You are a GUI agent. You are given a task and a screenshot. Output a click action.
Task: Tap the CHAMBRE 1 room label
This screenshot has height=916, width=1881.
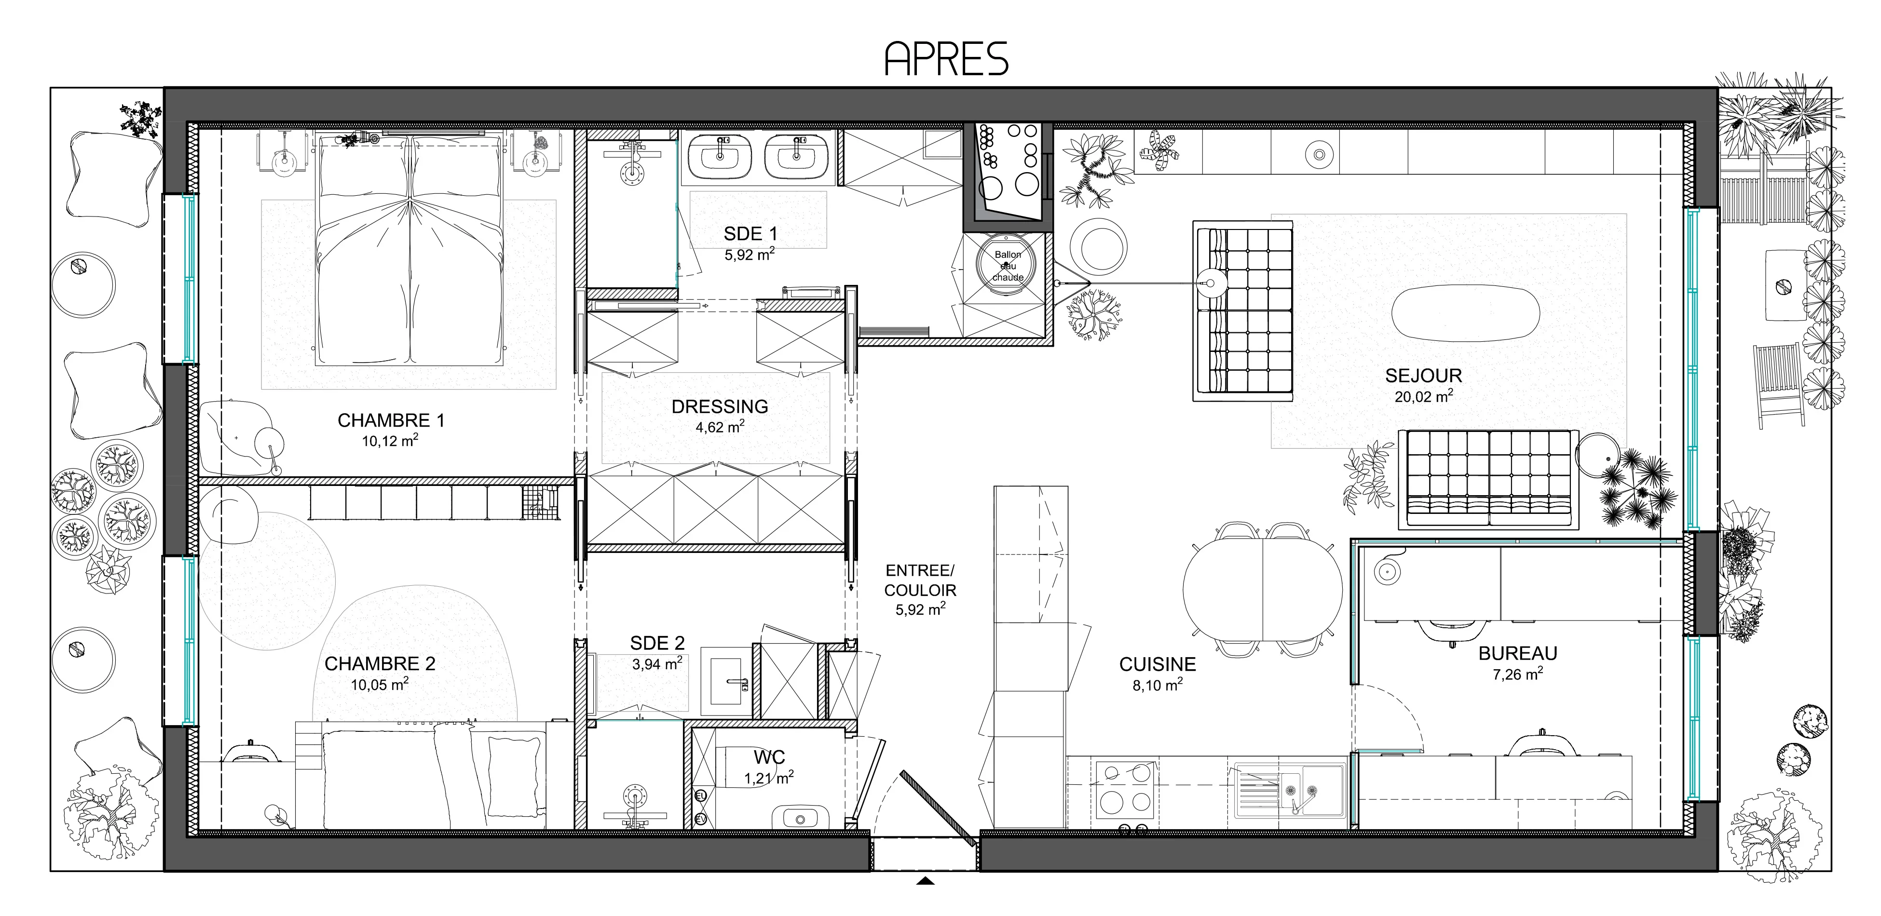[391, 420]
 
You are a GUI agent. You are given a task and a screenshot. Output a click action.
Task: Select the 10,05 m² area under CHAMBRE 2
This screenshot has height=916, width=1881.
[380, 684]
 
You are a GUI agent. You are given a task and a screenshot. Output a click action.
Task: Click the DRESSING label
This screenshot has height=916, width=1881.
[720, 406]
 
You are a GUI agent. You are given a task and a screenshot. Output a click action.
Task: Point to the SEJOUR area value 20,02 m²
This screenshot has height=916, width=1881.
[1423, 396]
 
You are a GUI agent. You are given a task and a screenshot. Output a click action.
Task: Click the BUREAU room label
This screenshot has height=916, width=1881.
[1518, 653]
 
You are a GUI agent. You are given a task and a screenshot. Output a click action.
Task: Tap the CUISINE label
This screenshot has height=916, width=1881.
[1158, 664]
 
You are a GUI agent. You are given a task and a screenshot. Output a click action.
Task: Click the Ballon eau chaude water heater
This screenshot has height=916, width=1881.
[1008, 266]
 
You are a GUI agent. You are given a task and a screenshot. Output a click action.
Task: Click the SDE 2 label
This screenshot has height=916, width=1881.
[657, 643]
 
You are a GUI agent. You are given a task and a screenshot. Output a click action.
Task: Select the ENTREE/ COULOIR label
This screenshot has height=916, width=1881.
[920, 580]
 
